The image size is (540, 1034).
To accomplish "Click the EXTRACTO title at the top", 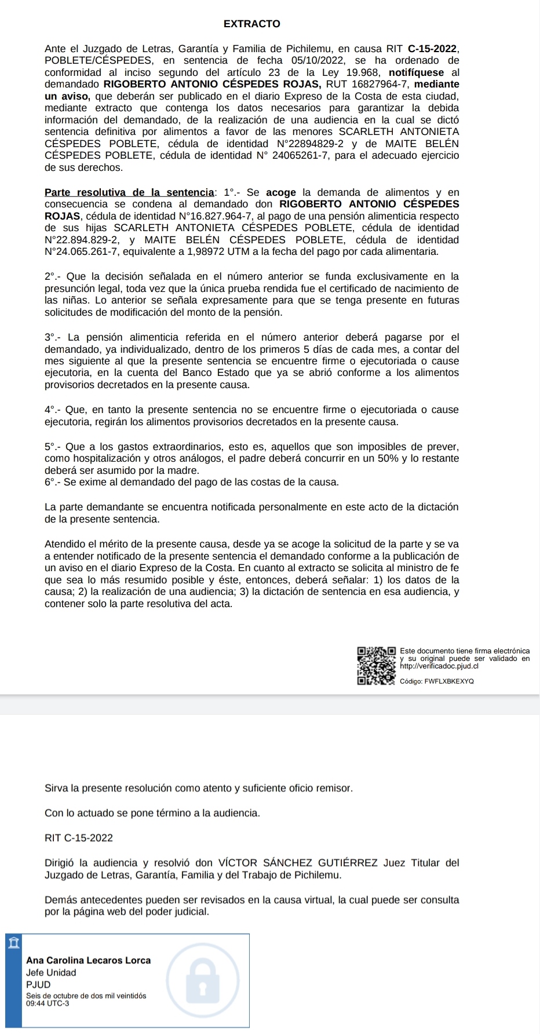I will click(x=251, y=24).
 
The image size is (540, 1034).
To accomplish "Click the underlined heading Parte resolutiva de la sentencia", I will click(x=129, y=192).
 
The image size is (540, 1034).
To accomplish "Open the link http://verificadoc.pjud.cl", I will click(x=439, y=666).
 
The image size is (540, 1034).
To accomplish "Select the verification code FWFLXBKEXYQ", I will click(x=449, y=682).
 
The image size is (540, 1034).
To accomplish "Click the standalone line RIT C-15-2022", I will click(x=79, y=838).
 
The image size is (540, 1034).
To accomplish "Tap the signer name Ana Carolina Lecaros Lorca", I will click(x=88, y=960).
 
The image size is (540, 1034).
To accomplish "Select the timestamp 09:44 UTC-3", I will click(x=48, y=1003).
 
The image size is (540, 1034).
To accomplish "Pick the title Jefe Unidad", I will click(x=51, y=973).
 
